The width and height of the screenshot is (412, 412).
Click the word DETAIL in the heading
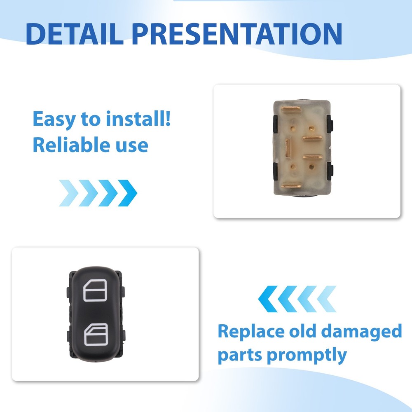(75, 34)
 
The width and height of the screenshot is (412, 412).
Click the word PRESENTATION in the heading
(237, 34)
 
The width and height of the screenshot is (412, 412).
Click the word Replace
(250, 332)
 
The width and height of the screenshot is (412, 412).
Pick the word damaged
(362, 332)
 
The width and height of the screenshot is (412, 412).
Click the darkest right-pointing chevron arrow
(128, 193)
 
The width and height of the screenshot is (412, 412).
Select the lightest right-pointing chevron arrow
(69, 193)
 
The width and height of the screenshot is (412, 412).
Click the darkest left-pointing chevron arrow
(268, 299)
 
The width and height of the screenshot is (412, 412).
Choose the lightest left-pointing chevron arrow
(327, 299)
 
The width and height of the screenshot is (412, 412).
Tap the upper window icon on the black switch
(95, 290)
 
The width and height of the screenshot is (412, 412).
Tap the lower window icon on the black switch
(96, 334)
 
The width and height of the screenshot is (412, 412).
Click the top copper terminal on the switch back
(290, 108)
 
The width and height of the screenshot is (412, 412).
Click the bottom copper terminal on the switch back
(291, 186)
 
